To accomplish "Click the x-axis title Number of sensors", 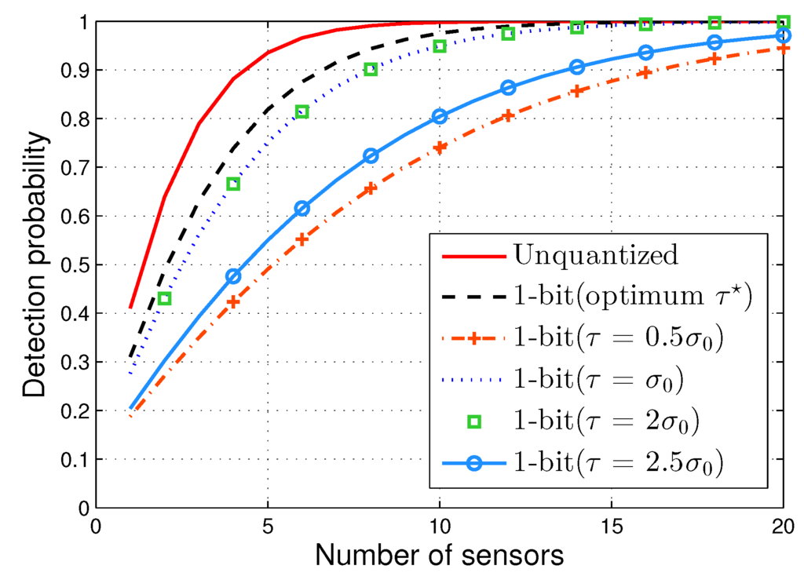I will (x=440, y=556).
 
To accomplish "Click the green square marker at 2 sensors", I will (x=164, y=298).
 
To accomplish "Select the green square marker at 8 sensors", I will (x=371, y=69).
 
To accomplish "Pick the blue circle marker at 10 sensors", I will (x=440, y=116).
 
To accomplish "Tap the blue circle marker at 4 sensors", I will (x=233, y=276).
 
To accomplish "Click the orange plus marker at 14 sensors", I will (x=577, y=91).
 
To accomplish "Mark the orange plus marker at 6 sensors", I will (x=301, y=239).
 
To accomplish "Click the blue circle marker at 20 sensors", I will (x=783, y=35).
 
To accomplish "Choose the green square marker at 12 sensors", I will (x=508, y=34).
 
